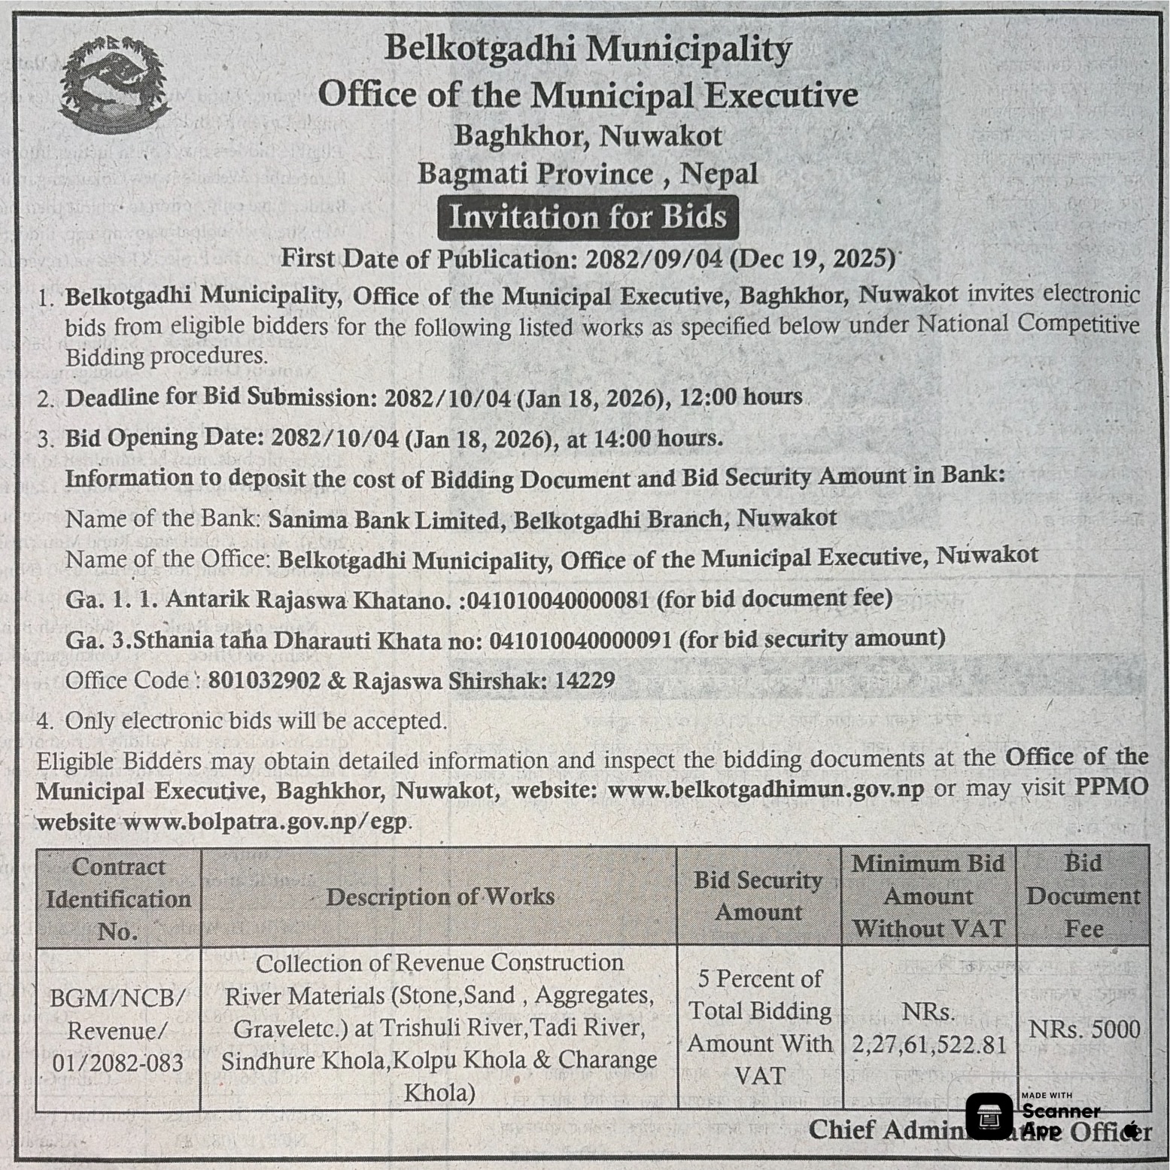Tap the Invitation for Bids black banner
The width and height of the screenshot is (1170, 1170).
[x=588, y=217]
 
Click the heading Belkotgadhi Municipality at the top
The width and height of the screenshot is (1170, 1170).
[x=588, y=50]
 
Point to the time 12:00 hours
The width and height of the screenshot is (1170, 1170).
[x=740, y=397]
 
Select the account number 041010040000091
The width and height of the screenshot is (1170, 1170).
[x=580, y=640]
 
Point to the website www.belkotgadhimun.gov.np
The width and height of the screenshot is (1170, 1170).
[x=765, y=790]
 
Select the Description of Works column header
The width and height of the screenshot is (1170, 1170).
[x=439, y=896]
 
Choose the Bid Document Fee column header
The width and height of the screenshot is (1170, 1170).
[x=1083, y=895]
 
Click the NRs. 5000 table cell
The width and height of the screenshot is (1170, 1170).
[x=1083, y=1029]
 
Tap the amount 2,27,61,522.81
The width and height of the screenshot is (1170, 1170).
[x=929, y=1044]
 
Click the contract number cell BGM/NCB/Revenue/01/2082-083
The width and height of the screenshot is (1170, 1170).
[x=118, y=1029]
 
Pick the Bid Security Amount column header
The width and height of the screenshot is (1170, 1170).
[x=758, y=896]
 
